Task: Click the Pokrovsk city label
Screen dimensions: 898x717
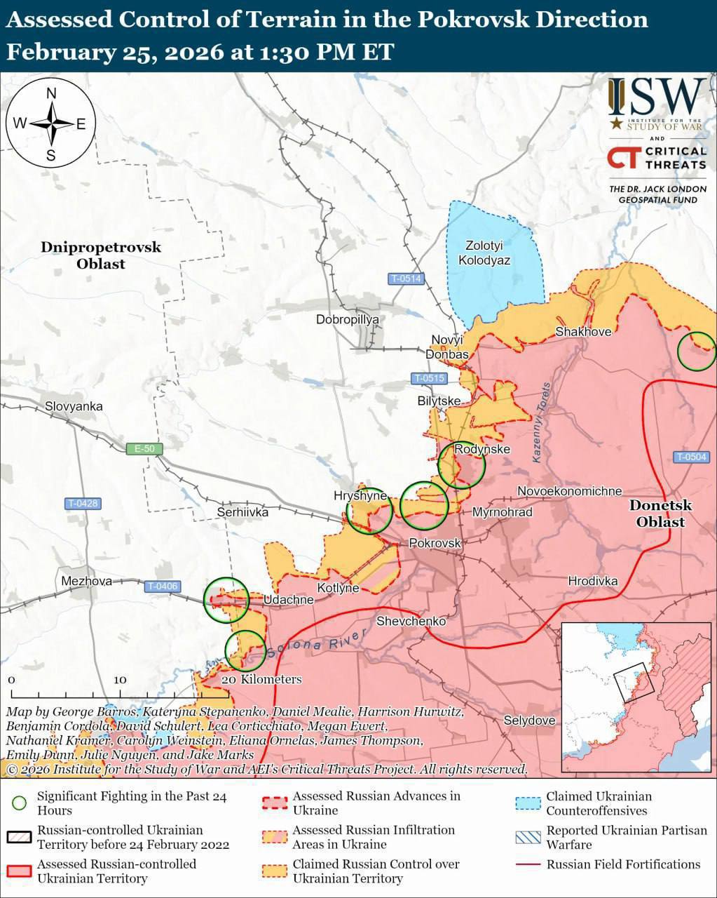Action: click(435, 543)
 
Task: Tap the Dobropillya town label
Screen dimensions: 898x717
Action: click(347, 319)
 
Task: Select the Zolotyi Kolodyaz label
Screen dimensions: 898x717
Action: click(484, 253)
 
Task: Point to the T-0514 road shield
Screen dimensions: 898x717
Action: click(407, 279)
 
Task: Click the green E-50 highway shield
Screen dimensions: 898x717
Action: click(144, 449)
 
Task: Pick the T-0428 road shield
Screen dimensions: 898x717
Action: click(83, 503)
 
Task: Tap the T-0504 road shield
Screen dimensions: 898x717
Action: click(692, 457)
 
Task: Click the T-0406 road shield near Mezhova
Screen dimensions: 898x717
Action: click(163, 587)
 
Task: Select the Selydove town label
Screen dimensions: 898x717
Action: click(529, 721)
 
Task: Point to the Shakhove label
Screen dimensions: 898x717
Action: click(583, 331)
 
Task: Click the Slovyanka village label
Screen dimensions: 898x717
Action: click(74, 406)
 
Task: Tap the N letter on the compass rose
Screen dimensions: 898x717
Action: click(51, 94)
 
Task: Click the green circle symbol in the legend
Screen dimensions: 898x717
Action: click(20, 803)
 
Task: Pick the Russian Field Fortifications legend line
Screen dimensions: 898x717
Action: click(528, 864)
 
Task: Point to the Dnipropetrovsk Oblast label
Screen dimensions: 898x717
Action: click(101, 255)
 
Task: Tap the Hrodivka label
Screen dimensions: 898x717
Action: click(593, 581)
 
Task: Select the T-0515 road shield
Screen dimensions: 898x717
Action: click(429, 379)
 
